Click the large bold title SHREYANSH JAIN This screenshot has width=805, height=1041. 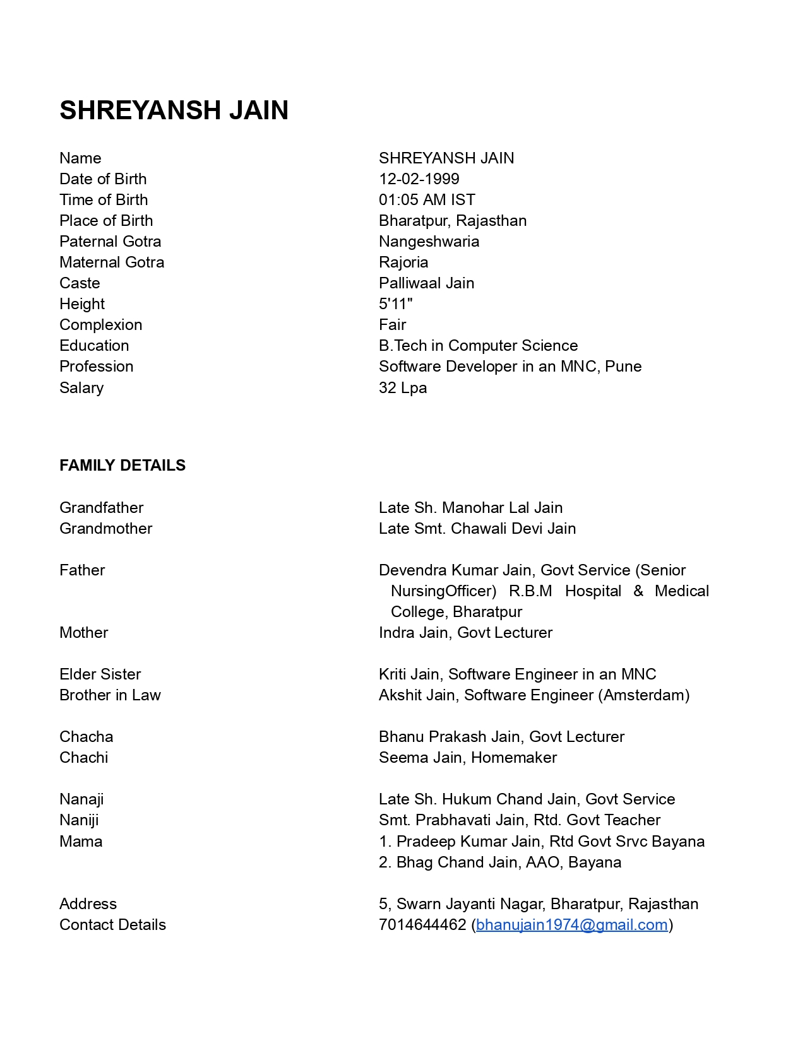(x=174, y=110)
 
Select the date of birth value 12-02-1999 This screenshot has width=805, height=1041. (x=419, y=179)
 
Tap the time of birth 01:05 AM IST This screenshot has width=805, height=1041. (x=427, y=200)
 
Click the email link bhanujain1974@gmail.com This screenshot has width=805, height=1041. (x=571, y=925)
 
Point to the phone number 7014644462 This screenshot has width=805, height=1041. (x=422, y=925)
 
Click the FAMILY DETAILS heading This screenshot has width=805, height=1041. (x=122, y=466)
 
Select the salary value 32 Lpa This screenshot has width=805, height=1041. (x=402, y=388)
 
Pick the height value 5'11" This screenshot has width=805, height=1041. (x=395, y=304)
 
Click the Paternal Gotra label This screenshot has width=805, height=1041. (x=110, y=242)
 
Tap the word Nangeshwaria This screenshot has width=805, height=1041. (x=429, y=242)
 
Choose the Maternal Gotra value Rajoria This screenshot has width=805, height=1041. (x=403, y=262)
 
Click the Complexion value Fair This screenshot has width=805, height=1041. (x=392, y=325)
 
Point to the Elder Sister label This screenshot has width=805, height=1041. (x=100, y=674)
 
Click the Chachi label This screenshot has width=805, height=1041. (x=83, y=758)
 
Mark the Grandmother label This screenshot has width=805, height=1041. (x=105, y=529)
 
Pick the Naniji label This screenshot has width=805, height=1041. (x=79, y=820)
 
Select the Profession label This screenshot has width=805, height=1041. (x=96, y=367)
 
